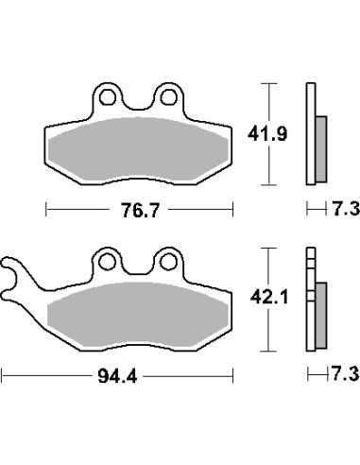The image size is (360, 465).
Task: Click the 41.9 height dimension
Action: pyautogui.click(x=267, y=134)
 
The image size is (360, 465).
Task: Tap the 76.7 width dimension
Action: pyautogui.click(x=141, y=210)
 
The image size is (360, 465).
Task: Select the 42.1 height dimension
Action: pyautogui.click(x=269, y=298)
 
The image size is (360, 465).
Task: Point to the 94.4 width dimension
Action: pyautogui.click(x=117, y=376)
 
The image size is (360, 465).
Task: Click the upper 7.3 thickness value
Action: pyautogui.click(x=346, y=209)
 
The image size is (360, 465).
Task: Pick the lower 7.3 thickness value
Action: pyautogui.click(x=345, y=374)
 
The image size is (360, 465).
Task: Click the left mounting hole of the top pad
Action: pyautogui.click(x=107, y=97)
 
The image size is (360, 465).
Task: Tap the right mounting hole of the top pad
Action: pyautogui.click(x=168, y=97)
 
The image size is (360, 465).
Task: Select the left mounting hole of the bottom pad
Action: pyautogui.click(x=107, y=262)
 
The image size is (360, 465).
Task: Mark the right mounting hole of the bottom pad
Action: pyautogui.click(x=168, y=262)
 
